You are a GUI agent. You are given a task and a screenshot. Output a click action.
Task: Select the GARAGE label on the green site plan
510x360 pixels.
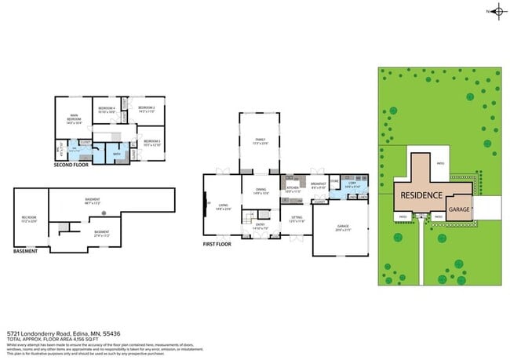click(459, 209)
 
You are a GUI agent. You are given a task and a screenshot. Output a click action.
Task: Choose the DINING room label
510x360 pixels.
click(260, 191)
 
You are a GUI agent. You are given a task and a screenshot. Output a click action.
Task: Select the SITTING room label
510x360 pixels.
click(297, 220)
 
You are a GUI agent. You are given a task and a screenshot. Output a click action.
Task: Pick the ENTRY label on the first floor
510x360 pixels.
click(259, 226)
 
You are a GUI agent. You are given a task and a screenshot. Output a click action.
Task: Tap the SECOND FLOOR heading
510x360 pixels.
click(71, 165)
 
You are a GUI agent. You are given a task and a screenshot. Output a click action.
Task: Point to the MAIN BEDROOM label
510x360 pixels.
click(74, 119)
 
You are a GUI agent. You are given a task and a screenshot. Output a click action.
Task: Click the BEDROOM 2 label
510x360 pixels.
click(147, 109)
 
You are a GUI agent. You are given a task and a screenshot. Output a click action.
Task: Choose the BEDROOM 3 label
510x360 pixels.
click(151, 142)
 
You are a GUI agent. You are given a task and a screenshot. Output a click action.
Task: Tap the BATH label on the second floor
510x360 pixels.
click(116, 155)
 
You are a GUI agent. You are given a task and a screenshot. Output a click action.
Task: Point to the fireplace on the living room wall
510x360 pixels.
click(206, 203)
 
